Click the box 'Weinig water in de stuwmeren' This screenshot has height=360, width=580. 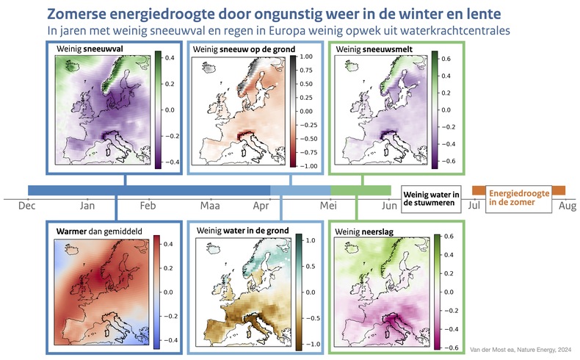coord(432,198)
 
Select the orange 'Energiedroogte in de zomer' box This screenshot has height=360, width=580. coord(518,198)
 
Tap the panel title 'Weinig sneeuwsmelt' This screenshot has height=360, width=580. coord(372,48)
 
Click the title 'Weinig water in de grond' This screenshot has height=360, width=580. coord(237,231)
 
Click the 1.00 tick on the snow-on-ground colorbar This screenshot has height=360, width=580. coord(305,57)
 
